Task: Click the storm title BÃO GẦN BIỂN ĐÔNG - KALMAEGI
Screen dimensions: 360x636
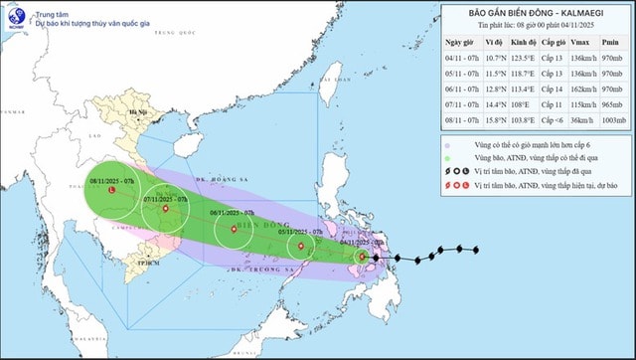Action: (x=534, y=13)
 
